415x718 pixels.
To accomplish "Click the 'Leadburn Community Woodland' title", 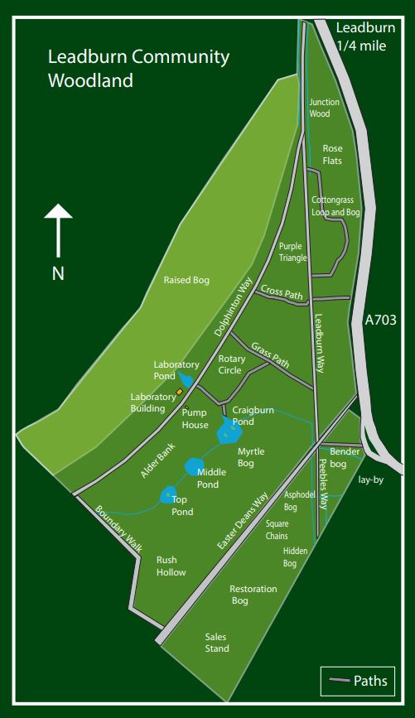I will pos(138,69).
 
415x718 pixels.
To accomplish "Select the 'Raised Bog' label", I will pos(186,280).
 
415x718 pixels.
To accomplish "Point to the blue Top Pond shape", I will pos(168,494).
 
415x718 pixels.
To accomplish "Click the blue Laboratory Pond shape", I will pos(187,381).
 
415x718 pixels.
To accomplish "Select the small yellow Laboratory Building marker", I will pos(179,392).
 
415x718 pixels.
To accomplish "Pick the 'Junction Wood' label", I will pos(324,108).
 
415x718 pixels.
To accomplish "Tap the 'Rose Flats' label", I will pos(332,154).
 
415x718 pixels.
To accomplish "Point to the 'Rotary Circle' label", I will pos(231,364).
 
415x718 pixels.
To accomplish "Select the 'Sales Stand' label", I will pos(217,643).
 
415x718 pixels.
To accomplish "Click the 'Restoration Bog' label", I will pos(253,595).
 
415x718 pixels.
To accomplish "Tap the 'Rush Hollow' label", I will pos(171,566).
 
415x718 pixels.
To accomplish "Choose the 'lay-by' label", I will pos(371,479).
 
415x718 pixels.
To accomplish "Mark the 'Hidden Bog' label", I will pos(296,557).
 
